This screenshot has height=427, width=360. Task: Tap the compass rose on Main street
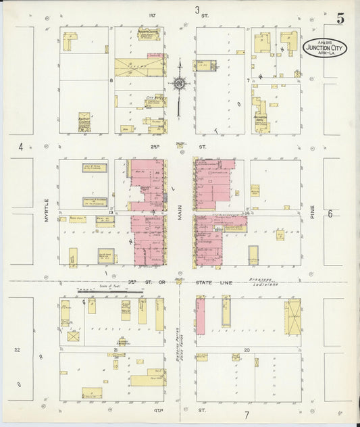(179, 84)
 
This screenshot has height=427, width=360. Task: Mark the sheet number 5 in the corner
(340, 18)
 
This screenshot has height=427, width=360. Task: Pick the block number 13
(109, 211)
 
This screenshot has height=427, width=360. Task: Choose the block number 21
(116, 350)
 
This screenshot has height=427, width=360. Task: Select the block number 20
(247, 350)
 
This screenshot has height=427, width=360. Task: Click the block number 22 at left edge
(18, 349)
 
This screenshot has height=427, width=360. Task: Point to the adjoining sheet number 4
(21, 146)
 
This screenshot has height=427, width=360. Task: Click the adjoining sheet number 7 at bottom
(247, 415)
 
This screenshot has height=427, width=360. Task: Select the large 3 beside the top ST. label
(198, 10)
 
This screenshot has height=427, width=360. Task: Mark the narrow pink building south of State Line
(201, 316)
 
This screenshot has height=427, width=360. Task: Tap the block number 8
(110, 80)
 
